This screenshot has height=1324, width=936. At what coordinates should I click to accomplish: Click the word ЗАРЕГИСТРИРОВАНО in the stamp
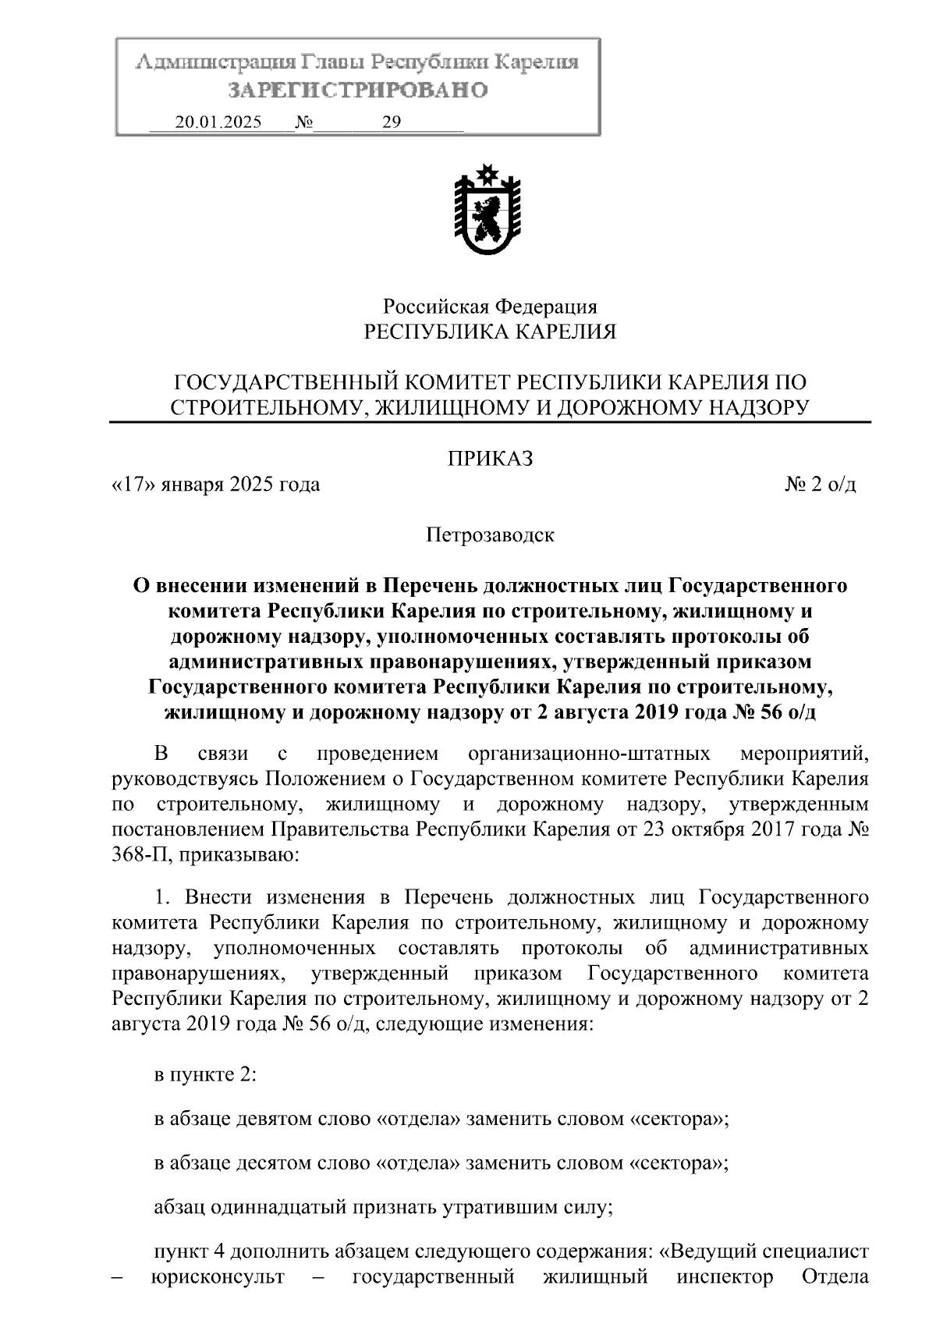[x=358, y=91]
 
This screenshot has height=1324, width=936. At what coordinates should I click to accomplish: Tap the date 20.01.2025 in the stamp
[x=218, y=122]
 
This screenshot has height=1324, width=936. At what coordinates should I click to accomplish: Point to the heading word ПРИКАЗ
[x=490, y=459]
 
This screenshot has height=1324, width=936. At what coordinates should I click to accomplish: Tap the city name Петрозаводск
[x=490, y=535]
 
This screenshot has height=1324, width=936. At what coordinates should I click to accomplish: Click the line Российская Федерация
[x=490, y=307]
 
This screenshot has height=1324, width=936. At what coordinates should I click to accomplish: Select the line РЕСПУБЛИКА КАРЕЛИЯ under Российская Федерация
[x=490, y=332]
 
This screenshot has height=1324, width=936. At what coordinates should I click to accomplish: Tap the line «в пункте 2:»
[x=205, y=1074]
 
